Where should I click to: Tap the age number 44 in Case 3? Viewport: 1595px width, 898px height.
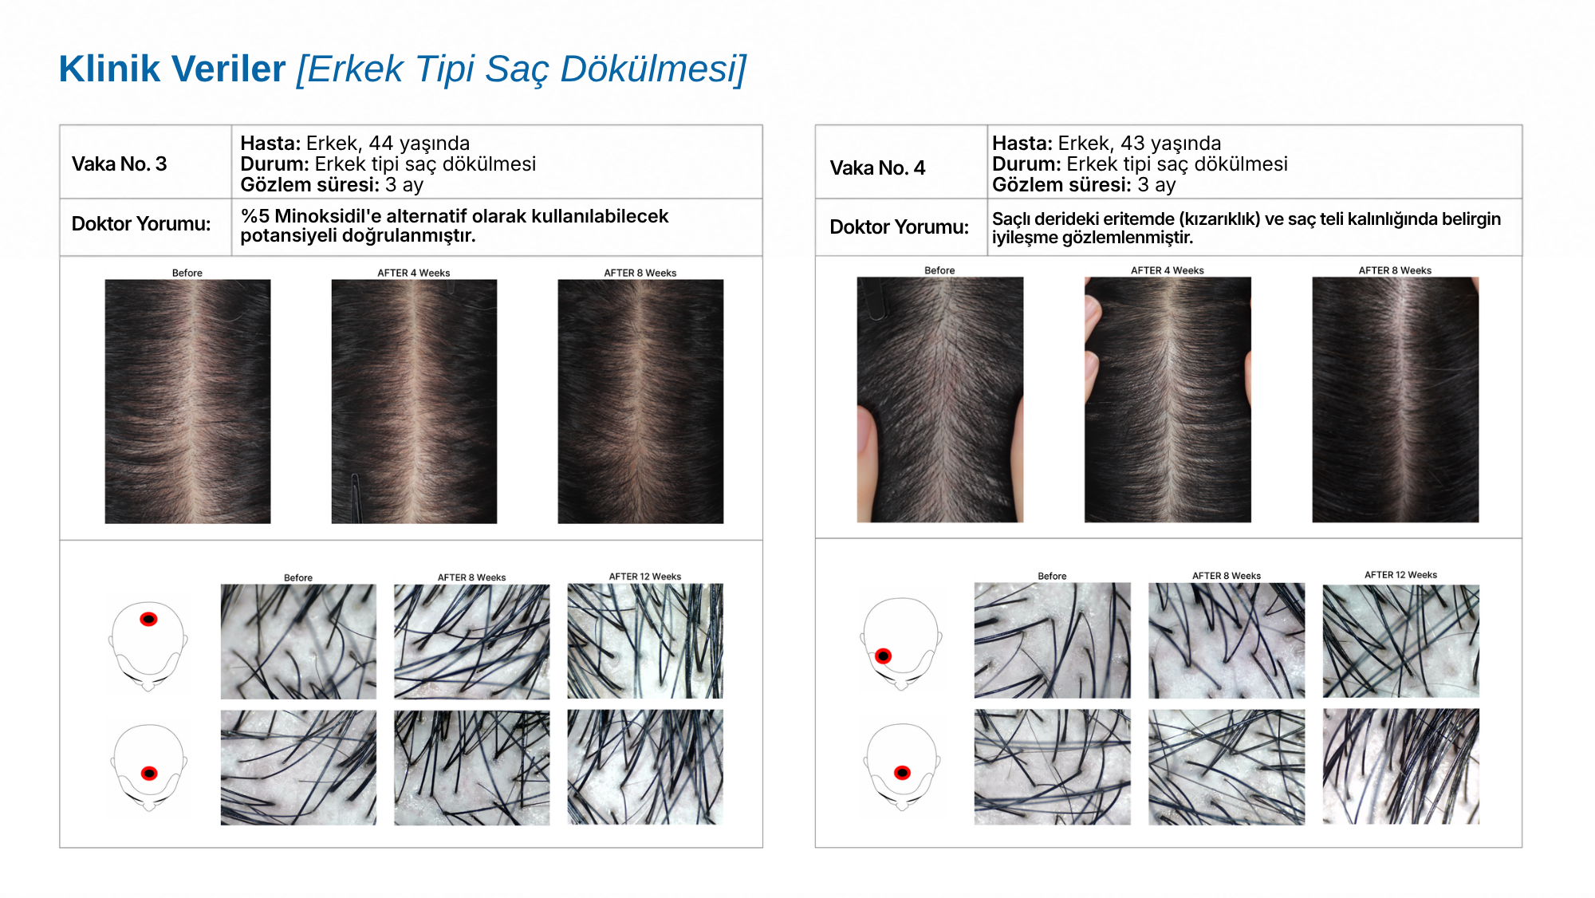[381, 144]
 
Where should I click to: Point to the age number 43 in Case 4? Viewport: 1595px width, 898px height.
[1133, 144]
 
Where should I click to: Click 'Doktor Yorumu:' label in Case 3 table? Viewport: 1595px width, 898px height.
[141, 224]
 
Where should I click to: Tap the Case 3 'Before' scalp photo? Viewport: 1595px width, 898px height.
[187, 401]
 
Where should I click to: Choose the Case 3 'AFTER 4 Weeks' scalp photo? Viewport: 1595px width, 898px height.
[414, 401]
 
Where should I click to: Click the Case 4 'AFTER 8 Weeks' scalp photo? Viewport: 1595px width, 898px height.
[1396, 400]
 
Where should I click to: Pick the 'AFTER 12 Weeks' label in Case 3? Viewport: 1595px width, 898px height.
[645, 577]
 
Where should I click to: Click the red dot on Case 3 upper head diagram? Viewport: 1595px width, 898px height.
[148, 620]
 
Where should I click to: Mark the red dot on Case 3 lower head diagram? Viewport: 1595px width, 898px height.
[149, 773]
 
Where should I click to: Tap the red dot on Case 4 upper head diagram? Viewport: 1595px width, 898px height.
[883, 656]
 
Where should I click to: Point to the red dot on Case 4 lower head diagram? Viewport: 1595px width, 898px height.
[902, 772]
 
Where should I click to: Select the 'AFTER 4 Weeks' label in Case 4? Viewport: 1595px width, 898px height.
[1168, 271]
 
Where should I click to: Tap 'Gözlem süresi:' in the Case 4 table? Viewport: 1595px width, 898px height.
[1061, 185]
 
